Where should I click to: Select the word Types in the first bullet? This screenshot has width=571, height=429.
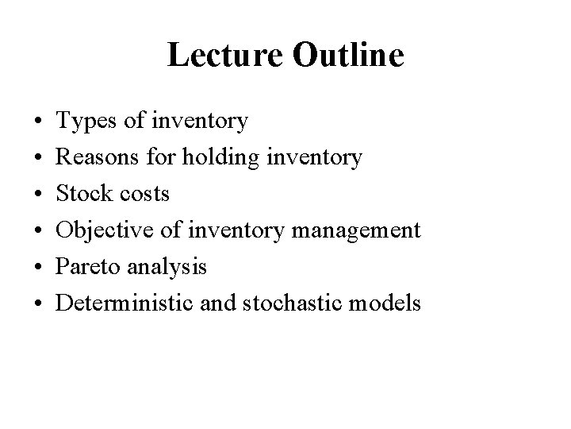point(86,122)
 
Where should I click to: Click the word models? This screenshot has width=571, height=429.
point(387,303)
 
